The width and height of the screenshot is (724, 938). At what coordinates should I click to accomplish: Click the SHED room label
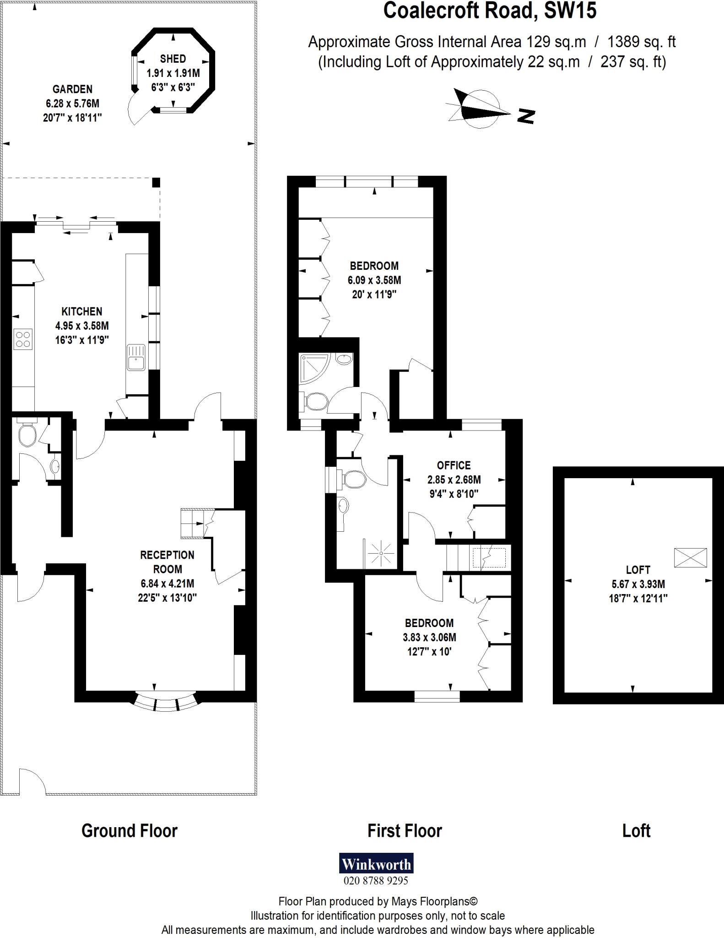[x=173, y=59]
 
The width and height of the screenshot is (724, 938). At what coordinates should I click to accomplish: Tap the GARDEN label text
[x=72, y=89]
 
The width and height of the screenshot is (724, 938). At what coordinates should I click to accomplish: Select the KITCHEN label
[x=82, y=311]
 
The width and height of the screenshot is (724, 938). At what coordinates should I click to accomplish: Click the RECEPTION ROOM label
[x=167, y=562]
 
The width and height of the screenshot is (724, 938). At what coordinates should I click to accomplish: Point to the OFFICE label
[x=454, y=465]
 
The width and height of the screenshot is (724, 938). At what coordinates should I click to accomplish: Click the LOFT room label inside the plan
[x=638, y=570]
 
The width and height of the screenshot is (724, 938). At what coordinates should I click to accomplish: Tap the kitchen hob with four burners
[x=23, y=339]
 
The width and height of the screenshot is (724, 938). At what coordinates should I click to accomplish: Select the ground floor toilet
[x=27, y=435]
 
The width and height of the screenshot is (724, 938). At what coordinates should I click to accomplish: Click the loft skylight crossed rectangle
[x=690, y=558]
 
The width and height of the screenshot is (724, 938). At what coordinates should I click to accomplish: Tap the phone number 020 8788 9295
[x=376, y=881]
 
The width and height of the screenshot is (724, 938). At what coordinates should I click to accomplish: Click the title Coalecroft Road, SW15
[x=490, y=11]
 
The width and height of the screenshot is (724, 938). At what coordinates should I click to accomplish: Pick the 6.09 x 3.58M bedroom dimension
[x=374, y=280]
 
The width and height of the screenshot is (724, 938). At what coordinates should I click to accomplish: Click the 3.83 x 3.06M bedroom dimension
[x=429, y=637]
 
